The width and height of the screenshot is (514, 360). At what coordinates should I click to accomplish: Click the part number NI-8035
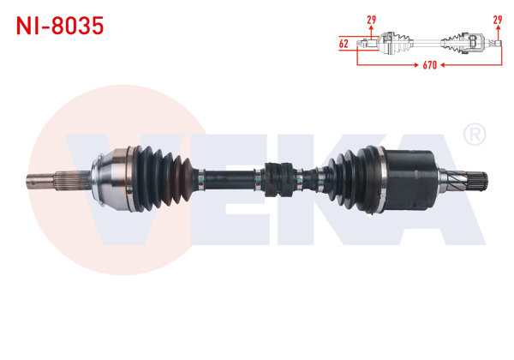(60, 26)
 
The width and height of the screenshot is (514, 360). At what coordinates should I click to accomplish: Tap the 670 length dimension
(428, 64)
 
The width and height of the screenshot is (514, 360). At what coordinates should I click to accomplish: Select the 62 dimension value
(343, 42)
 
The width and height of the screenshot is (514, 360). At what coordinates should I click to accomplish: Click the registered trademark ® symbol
(474, 135)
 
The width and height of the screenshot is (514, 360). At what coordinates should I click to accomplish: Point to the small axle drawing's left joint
(391, 40)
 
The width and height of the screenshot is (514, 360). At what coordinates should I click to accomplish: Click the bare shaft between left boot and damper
(227, 179)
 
